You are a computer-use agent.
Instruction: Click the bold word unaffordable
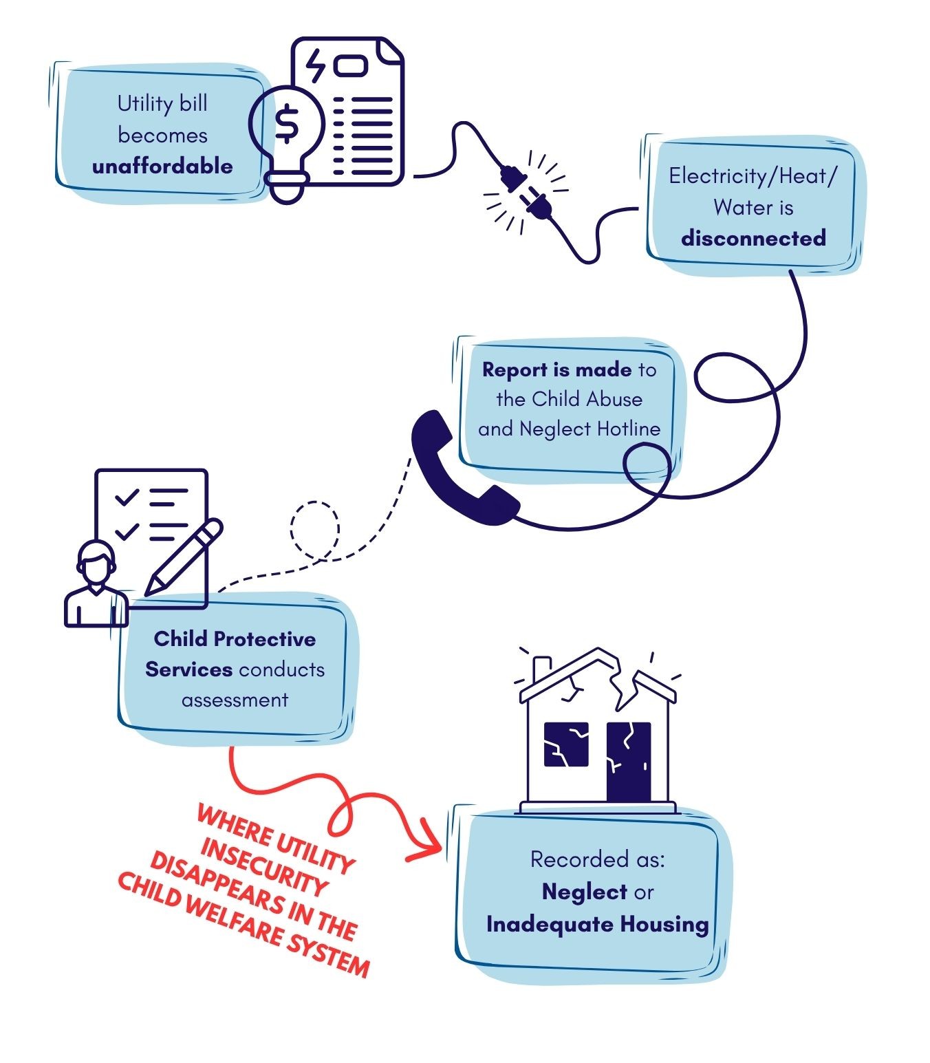click(x=162, y=167)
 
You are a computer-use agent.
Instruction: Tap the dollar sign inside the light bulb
click(x=287, y=123)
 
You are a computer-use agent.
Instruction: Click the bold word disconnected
click(x=753, y=239)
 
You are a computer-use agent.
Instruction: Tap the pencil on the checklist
click(x=183, y=557)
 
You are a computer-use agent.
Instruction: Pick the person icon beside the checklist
click(x=96, y=584)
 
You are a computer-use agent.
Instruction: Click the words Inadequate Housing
click(x=598, y=925)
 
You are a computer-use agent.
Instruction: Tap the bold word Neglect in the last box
click(x=584, y=892)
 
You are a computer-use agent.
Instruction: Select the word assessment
click(x=235, y=700)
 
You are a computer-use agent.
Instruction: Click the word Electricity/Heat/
click(x=753, y=177)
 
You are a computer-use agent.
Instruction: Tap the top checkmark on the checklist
click(x=127, y=497)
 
